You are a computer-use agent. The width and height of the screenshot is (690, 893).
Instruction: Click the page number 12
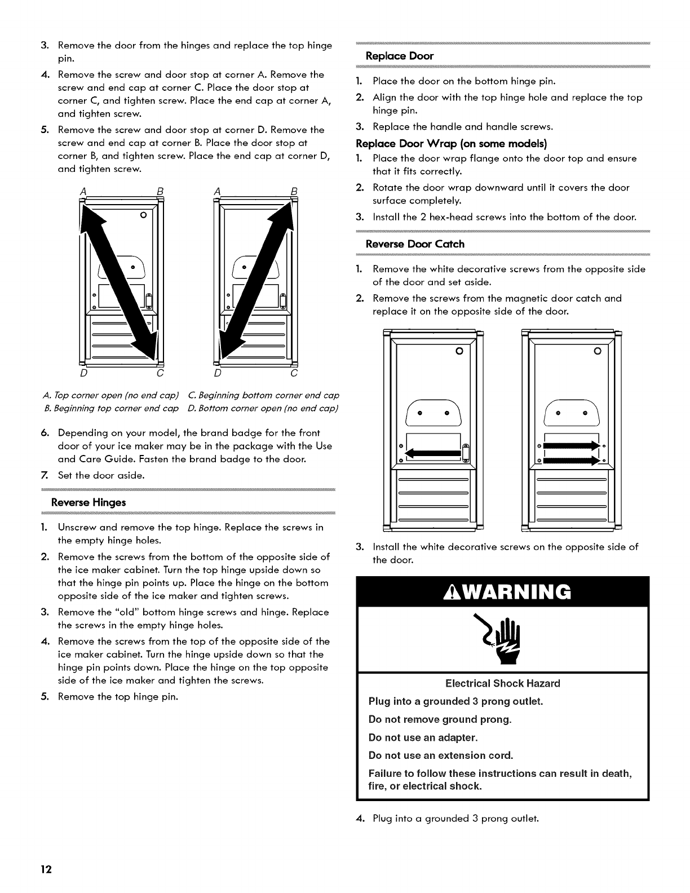[x=46, y=869]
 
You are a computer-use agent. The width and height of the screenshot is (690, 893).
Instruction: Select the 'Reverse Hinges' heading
[x=88, y=502]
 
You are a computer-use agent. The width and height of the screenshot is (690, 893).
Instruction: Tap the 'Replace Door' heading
[x=400, y=56]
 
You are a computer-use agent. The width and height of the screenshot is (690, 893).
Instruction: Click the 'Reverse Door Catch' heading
[x=415, y=244]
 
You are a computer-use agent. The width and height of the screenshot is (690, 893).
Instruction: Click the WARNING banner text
[x=503, y=592]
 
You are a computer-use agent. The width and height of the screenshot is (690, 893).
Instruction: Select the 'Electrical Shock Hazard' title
[x=502, y=683]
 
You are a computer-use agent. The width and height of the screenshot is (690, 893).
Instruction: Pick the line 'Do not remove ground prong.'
[x=440, y=719]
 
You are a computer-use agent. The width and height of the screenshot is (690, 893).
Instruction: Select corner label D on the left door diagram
[x=83, y=373]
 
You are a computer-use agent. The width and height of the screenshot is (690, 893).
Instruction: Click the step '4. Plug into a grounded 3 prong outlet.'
[x=448, y=818]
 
